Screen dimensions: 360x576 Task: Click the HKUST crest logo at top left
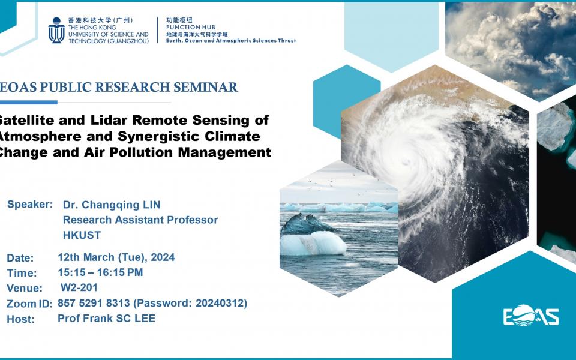point(56,30)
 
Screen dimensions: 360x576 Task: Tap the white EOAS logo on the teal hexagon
point(531,316)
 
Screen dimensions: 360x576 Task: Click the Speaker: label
point(30,205)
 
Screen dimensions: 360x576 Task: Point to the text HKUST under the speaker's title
point(82,235)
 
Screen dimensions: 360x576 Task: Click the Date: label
point(20,258)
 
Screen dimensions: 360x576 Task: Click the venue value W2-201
point(79,287)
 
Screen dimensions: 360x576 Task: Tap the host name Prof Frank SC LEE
point(106,319)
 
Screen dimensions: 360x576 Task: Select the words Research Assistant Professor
point(140,220)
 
